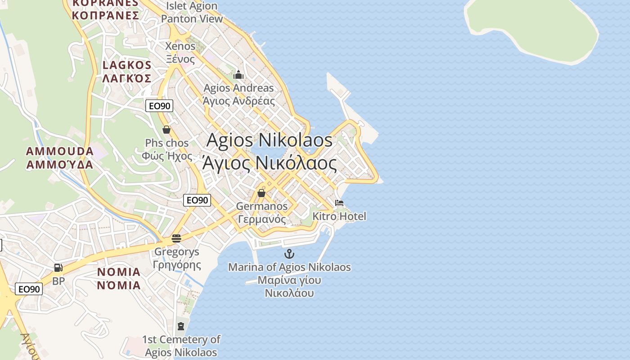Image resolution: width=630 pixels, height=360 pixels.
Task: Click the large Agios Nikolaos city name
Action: click(269, 152)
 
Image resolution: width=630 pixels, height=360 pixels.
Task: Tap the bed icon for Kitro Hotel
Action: click(339, 203)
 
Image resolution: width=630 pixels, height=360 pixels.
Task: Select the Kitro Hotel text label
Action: click(339, 216)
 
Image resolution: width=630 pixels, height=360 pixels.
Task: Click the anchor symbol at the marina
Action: click(289, 254)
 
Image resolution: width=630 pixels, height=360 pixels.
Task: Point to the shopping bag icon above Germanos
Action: click(261, 193)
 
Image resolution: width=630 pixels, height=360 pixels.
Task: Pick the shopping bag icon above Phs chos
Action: click(166, 130)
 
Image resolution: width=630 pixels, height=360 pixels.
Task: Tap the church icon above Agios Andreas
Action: click(238, 75)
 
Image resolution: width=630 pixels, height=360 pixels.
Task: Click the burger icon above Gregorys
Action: click(176, 238)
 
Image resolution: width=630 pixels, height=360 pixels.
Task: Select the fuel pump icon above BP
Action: click(58, 268)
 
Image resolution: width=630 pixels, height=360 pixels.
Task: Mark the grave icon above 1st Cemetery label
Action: click(181, 326)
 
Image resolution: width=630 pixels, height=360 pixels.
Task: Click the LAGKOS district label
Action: click(127, 72)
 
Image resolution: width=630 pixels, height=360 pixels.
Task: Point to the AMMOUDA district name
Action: click(60, 157)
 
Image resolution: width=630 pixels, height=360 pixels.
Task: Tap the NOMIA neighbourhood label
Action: click(119, 279)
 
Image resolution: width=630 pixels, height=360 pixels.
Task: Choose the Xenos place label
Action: click(180, 52)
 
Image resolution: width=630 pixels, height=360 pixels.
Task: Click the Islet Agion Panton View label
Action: click(192, 13)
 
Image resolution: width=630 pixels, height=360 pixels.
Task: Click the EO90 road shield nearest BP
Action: click(29, 289)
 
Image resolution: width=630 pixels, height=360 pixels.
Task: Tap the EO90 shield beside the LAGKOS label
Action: click(159, 106)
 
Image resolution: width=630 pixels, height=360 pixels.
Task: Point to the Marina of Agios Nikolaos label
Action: click(289, 280)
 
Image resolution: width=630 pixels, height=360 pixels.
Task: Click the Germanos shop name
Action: click(262, 212)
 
